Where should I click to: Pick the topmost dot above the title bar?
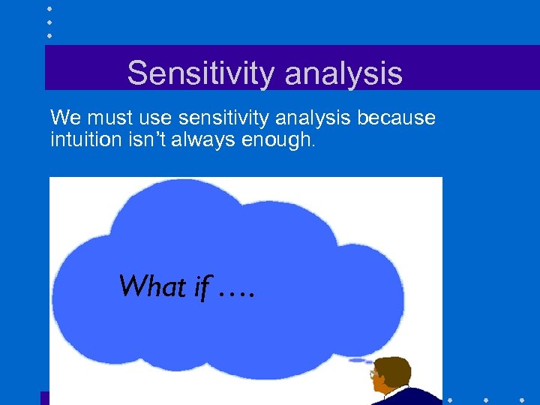[x=49, y=9]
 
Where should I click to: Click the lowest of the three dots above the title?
[x=49, y=35]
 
